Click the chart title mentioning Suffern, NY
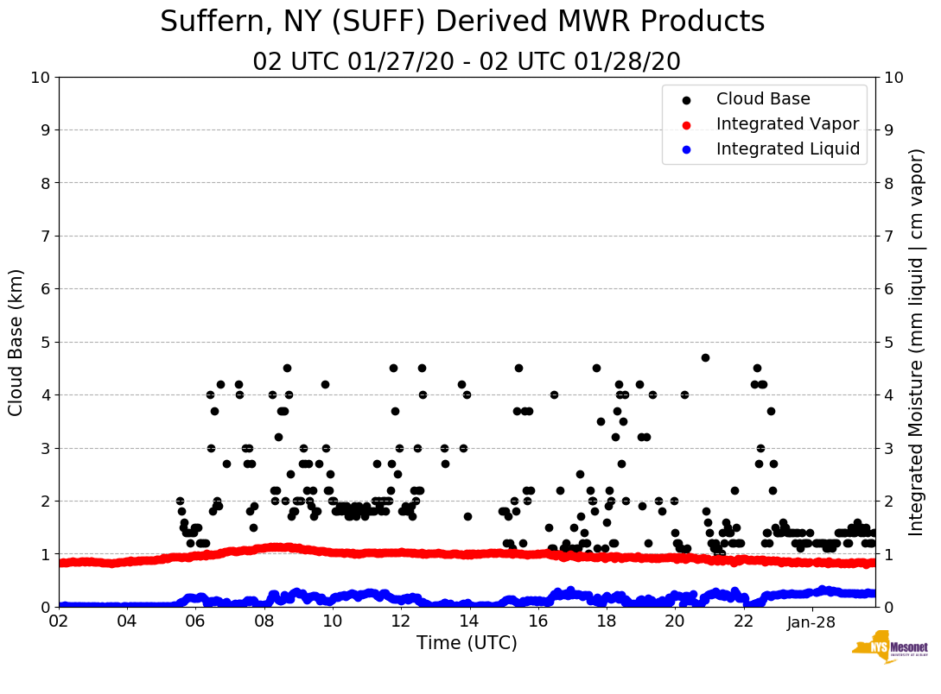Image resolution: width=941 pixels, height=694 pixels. coord(462,22)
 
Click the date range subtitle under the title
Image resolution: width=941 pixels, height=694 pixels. coord(467,62)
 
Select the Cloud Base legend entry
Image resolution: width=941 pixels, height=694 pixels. coord(763,99)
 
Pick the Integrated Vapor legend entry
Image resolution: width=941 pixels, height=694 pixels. coord(787,124)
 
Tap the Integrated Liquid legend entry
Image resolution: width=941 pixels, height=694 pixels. coord(788,149)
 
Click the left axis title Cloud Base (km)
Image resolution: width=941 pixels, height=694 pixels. coord(16,342)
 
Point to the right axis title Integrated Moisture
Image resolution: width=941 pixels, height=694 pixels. coord(917,342)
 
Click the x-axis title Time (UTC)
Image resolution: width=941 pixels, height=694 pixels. coord(467,643)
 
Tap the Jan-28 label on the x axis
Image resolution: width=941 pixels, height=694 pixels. coord(811,622)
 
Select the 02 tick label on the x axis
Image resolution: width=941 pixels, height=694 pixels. coord(59,622)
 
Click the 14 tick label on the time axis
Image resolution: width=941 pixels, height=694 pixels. coord(469,622)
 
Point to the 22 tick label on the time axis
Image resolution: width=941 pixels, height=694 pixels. coord(743,622)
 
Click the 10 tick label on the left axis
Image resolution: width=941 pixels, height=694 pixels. coord(40,78)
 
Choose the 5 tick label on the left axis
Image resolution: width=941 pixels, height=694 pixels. coord(45,342)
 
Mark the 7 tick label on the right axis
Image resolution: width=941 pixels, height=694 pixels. coord(888,236)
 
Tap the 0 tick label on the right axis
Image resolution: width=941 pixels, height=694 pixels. coord(888,607)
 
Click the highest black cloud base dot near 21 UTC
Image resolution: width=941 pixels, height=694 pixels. coord(705,357)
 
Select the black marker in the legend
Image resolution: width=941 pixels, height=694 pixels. coord(687,99)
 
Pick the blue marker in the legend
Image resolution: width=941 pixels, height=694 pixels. coord(687,149)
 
